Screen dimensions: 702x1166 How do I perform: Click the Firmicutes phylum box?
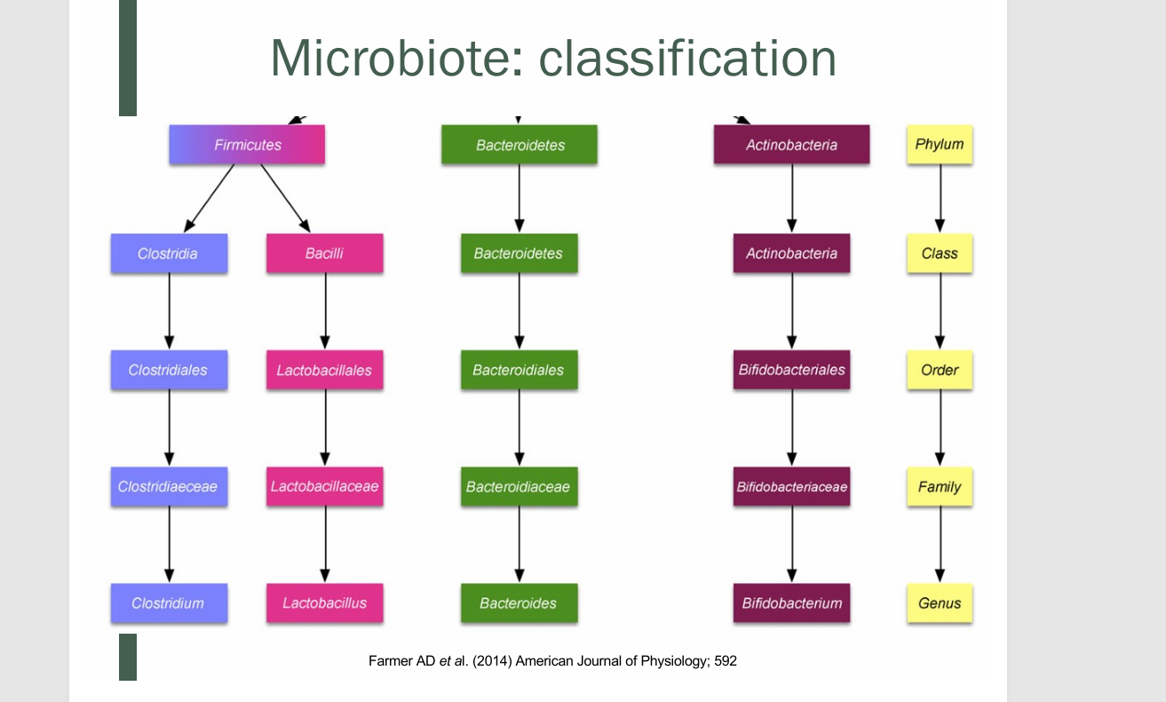coord(247,145)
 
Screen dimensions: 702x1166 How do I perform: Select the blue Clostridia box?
coord(169,254)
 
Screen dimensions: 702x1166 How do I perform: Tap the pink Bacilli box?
coord(324,254)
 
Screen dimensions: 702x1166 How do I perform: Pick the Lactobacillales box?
coord(324,370)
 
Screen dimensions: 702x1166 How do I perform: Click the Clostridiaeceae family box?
coord(169,486)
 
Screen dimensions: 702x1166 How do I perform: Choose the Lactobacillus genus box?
coord(324,603)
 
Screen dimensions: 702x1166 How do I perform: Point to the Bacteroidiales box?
coord(519,370)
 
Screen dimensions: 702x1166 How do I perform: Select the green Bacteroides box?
coord(519,603)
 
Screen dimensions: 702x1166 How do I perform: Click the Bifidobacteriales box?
coord(791,370)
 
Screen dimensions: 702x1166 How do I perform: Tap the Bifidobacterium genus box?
coord(791,603)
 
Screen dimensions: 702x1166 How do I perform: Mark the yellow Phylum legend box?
coord(940,145)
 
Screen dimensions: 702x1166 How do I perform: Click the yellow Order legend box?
coord(940,370)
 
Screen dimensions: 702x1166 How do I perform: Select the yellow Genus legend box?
coord(940,603)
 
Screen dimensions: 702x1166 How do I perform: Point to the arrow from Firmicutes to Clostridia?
coord(209,199)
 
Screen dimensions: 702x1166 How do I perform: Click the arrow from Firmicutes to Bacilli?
coord(285,199)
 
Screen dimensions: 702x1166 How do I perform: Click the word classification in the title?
coord(688,59)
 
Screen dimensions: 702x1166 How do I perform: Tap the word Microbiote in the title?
coord(388,59)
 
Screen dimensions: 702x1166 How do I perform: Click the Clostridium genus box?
coord(169,603)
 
